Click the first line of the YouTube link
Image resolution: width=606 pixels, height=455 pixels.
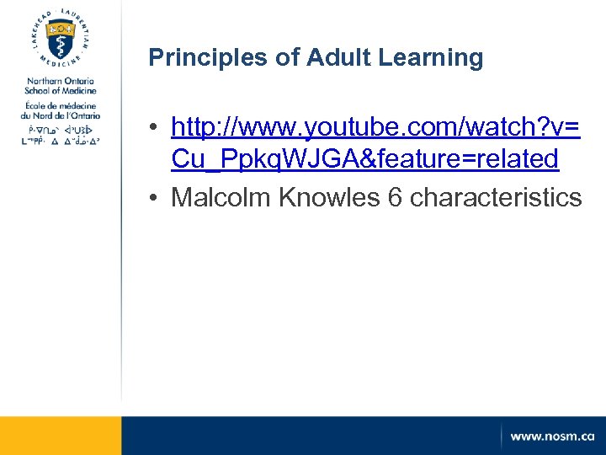click(375, 127)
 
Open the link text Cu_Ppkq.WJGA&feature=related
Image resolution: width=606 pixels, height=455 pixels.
click(364, 158)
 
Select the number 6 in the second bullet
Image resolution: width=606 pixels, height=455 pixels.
click(395, 197)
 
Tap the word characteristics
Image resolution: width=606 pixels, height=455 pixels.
click(496, 197)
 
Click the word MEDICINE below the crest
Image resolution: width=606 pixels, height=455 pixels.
click(60, 64)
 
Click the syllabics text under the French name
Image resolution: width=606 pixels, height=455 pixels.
click(60, 136)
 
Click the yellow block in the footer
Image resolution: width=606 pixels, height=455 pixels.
click(61, 436)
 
